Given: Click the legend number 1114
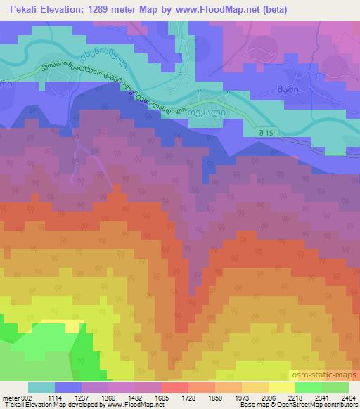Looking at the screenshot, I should tap(54, 398).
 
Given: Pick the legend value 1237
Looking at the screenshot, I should tap(82, 398).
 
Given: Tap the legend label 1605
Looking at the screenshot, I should tap(162, 398).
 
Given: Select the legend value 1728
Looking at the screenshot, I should tap(188, 398).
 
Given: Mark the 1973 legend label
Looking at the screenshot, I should tap(242, 398).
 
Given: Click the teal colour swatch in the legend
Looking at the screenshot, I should tap(41, 387).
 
